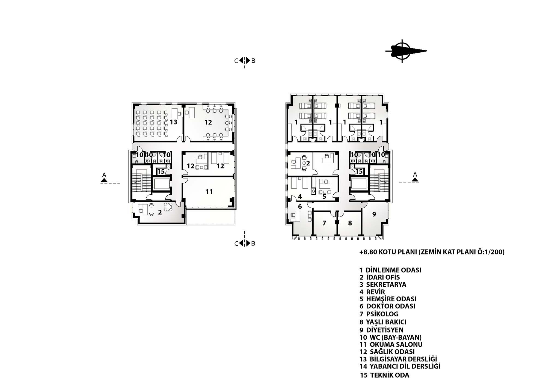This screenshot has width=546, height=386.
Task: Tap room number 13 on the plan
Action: [174, 122]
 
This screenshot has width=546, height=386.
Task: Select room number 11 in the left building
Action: [209, 192]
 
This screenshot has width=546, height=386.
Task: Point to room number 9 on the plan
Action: [374, 214]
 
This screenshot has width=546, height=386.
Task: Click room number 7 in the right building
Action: [324, 223]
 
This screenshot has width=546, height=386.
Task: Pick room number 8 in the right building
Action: [350, 223]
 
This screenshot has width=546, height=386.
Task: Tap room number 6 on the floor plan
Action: [300, 207]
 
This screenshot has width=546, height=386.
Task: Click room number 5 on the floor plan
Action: [324, 197]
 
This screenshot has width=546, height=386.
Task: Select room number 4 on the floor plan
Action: [300, 197]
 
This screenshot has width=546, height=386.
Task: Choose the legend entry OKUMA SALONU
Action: [391, 345]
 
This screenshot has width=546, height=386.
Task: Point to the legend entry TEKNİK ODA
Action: [385, 375]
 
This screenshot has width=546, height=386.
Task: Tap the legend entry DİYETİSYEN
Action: [381, 330]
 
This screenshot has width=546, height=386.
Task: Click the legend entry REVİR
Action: [372, 292]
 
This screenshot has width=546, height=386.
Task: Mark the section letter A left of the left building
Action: [104, 175]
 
